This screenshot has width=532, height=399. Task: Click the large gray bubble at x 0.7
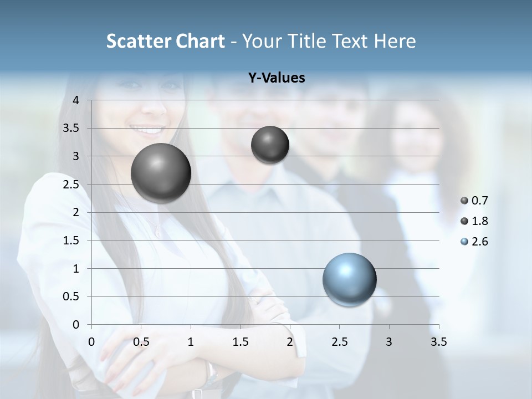[161, 173]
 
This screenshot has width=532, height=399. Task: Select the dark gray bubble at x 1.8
[270, 145]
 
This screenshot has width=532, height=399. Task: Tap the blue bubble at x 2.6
[349, 279]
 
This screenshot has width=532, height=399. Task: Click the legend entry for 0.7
[474, 201]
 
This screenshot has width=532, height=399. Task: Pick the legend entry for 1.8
[474, 221]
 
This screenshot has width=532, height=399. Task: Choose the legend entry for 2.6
[474, 242]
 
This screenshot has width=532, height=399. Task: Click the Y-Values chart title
[277, 78]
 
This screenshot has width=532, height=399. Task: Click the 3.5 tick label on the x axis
[438, 342]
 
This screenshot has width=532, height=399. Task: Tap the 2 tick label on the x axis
[290, 342]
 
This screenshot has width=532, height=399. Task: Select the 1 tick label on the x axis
[191, 342]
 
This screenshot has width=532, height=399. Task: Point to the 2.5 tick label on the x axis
[339, 342]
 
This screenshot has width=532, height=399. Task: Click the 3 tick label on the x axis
[389, 342]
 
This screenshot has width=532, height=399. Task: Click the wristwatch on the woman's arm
[209, 376]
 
